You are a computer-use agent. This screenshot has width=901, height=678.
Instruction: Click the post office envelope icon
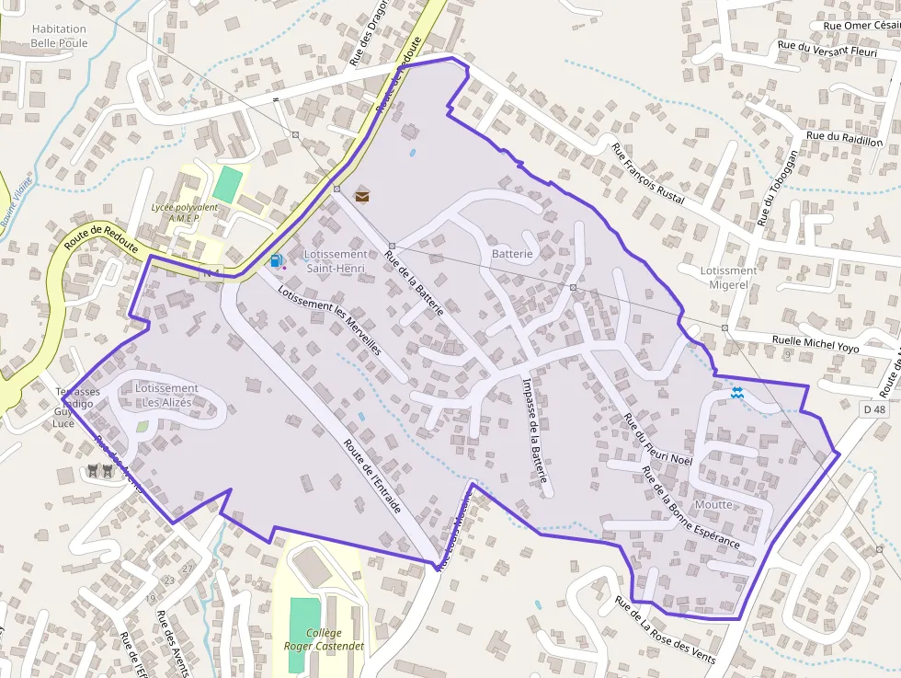click(362, 194)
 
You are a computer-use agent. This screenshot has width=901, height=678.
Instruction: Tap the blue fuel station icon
click(276, 260)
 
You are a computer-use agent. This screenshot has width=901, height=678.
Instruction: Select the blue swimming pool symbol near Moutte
click(736, 393)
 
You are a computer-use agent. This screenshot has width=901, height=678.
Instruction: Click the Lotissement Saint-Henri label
click(336, 261)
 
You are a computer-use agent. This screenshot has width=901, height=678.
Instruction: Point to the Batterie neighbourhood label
click(512, 253)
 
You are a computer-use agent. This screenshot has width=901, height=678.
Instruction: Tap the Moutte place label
click(714, 504)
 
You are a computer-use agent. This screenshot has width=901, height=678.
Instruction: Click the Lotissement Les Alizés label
click(166, 396)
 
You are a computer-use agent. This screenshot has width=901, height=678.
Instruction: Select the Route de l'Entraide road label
click(373, 475)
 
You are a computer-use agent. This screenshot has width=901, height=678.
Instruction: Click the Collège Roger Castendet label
click(323, 639)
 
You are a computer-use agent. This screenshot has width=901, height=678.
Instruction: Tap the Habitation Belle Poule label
click(59, 36)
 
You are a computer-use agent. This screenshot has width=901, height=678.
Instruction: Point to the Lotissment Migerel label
click(728, 278)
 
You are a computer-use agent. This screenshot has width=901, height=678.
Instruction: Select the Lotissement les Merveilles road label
click(329, 323)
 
